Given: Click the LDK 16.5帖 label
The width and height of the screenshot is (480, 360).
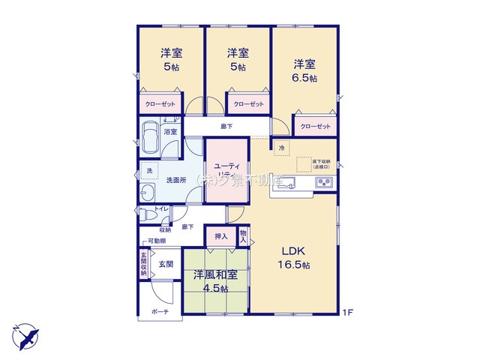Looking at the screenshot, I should click(x=296, y=257).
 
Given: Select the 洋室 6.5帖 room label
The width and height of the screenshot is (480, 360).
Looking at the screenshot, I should click(x=304, y=70).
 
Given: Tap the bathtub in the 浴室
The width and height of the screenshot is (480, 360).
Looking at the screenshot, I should click(x=148, y=135).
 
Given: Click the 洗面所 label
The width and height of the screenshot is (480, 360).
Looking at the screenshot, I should click(x=177, y=179).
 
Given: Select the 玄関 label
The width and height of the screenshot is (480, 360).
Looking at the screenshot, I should click(x=166, y=264).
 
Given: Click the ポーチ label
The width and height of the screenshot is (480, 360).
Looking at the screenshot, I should click(x=159, y=311).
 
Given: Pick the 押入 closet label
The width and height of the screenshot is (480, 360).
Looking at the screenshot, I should click(x=221, y=236).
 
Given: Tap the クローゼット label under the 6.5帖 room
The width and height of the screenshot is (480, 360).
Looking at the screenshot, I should click(x=315, y=126).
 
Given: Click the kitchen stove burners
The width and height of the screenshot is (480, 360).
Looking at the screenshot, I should click(x=325, y=182).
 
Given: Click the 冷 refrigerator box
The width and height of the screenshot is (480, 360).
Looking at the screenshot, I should click(x=282, y=148).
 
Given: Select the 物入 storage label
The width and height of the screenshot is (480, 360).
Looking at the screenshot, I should click(x=243, y=235).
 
